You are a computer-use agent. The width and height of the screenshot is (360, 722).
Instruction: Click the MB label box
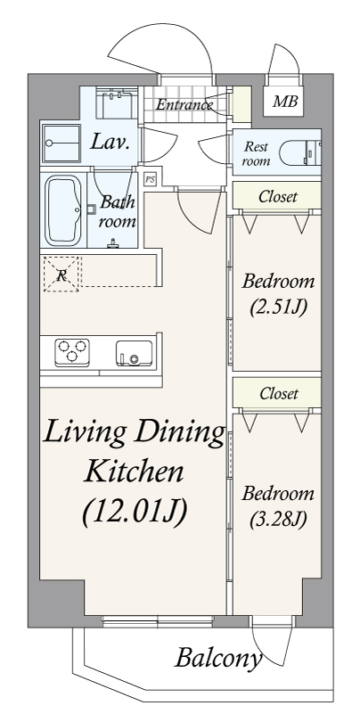tap(286, 102)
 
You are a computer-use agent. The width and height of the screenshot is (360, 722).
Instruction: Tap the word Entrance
tap(184, 105)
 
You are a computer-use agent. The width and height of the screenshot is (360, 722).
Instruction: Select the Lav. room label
tap(111, 141)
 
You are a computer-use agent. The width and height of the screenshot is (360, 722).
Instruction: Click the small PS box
tap(149, 178)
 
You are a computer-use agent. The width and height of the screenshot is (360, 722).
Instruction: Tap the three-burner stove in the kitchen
tap(72, 352)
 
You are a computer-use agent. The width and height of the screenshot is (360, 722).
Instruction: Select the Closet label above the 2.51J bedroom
tap(277, 196)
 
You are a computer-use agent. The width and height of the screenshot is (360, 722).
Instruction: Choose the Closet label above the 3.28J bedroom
tap(277, 393)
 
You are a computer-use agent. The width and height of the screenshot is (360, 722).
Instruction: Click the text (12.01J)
tap(134, 513)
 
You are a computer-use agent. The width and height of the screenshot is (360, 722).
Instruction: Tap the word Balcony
tap(217, 660)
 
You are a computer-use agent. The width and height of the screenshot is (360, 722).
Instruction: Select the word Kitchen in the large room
tap(134, 471)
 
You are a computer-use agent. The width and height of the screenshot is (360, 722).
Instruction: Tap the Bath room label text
tap(117, 211)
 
